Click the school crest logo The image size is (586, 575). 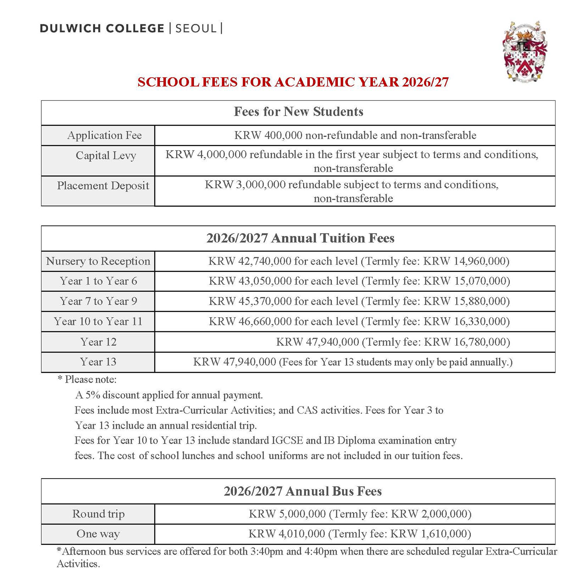pyautogui.click(x=525, y=51)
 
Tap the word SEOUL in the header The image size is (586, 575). pyautogui.click(x=196, y=29)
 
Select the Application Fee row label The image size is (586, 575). pyautogui.click(x=104, y=136)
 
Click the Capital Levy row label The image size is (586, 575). pyautogui.click(x=105, y=155)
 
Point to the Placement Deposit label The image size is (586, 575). pyautogui.click(x=103, y=186)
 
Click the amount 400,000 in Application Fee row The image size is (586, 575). pyautogui.click(x=283, y=136)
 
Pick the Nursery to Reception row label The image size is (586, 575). pyautogui.click(x=98, y=261)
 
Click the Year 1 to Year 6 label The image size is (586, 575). pyautogui.click(x=98, y=281)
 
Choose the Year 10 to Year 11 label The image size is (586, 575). pyautogui.click(x=98, y=321)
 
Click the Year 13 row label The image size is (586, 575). pyautogui.click(x=98, y=362)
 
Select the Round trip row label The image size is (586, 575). pyautogui.click(x=98, y=514)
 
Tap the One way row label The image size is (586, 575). pyautogui.click(x=98, y=534)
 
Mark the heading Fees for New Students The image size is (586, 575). pyautogui.click(x=298, y=112)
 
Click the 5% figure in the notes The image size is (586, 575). pyautogui.click(x=93, y=395)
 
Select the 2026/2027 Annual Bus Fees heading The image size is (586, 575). pyautogui.click(x=302, y=491)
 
